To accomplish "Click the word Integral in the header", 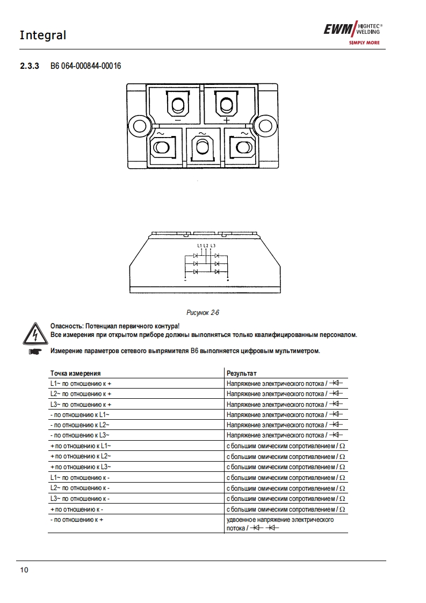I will click(x=43, y=35).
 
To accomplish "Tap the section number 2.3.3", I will click(x=30, y=67).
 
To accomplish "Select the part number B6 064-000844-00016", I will click(x=86, y=67).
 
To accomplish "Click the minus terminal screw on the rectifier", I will click(x=178, y=103).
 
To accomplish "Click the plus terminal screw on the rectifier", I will click(x=226, y=103).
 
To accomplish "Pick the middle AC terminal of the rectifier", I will click(x=201, y=148).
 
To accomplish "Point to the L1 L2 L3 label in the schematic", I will click(x=206, y=246).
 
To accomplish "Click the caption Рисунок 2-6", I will click(x=203, y=312).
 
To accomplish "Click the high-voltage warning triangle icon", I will click(x=34, y=334).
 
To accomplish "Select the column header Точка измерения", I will click(x=76, y=373).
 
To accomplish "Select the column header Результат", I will click(x=242, y=373).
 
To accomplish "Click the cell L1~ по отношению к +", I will click(x=81, y=384).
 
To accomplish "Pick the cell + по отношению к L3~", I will click(x=81, y=467).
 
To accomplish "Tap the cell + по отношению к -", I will click(x=76, y=509).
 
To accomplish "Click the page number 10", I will click(x=24, y=570).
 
